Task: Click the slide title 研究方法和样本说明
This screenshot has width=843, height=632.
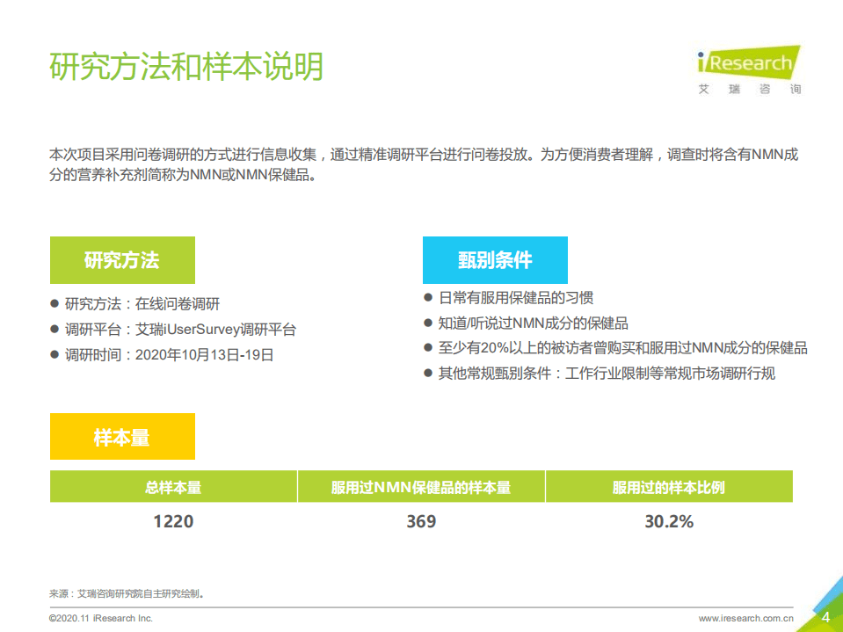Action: click(x=186, y=68)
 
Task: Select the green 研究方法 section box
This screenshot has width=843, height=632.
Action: click(x=122, y=260)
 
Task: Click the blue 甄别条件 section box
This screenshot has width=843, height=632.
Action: click(x=495, y=260)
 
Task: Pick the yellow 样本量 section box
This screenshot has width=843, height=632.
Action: click(x=122, y=437)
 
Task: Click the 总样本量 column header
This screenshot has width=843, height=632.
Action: click(x=173, y=487)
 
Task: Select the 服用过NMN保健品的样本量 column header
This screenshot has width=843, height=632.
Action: click(x=421, y=487)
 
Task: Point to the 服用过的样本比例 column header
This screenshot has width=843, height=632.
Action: click(x=669, y=487)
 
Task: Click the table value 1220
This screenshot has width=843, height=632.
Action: click(x=173, y=521)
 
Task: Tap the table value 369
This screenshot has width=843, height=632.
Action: click(x=421, y=521)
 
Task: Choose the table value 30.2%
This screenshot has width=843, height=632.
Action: click(x=669, y=521)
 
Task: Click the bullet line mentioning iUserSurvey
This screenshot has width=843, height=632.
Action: click(x=180, y=330)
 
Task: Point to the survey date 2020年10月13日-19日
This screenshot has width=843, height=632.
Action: click(x=204, y=355)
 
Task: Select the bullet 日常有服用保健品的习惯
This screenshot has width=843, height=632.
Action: click(x=516, y=298)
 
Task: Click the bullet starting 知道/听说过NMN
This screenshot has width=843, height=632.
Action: click(x=533, y=323)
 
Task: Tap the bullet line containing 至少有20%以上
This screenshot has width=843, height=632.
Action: click(x=622, y=348)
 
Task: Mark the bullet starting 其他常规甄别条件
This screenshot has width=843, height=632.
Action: click(x=607, y=374)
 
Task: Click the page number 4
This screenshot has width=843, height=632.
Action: click(x=825, y=617)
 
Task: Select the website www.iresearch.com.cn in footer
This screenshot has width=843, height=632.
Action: click(x=747, y=619)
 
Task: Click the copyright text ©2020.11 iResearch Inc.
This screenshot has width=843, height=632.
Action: click(x=101, y=619)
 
